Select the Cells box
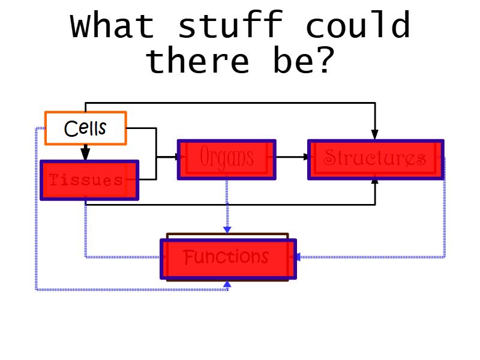click(86, 128)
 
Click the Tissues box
click(89, 180)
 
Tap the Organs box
click(227, 159)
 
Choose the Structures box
click(376, 159)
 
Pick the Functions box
click(228, 258)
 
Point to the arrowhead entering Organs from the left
click(176, 157)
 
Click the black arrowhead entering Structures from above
click(375, 134)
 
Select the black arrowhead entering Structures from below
click(375, 182)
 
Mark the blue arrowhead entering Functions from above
click(227, 230)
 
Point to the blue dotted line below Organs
click(227, 204)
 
